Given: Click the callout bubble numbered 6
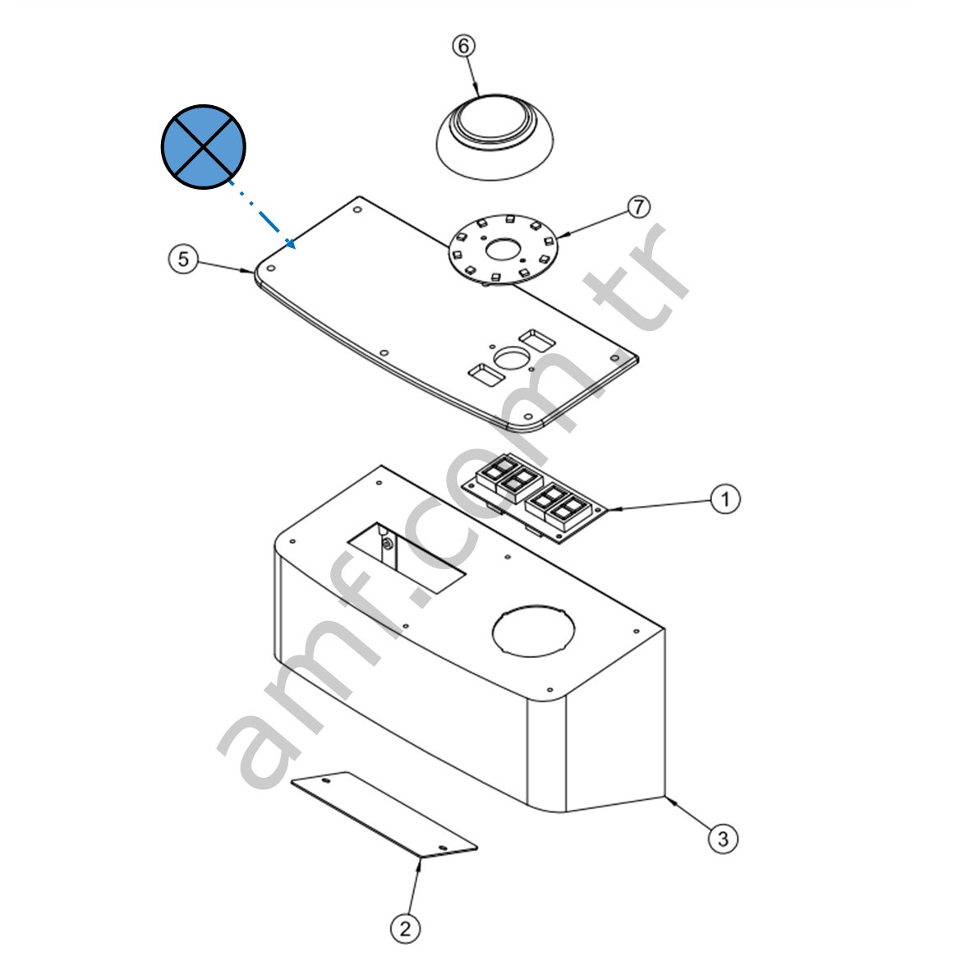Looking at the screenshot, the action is point(464,46).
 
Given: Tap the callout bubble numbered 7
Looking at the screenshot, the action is point(639,207).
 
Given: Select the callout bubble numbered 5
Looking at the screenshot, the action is point(183,259).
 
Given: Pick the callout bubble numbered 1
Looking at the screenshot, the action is point(725,499).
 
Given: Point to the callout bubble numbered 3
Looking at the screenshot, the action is point(723,839).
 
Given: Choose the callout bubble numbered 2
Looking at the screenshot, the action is point(405,929).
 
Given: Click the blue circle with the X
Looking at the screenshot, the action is point(204,147).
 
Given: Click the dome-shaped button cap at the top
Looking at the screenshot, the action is point(495,137).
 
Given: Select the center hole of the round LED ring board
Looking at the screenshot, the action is point(503,250).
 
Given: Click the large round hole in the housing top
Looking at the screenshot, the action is point(533,631).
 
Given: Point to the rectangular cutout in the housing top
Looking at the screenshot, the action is point(406,558).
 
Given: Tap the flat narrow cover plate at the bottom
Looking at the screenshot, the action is point(384,814).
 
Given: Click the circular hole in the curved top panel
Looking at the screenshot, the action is point(512,357).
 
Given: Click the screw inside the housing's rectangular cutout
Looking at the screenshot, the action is point(387,545).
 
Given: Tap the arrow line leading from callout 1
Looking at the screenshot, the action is point(658,505).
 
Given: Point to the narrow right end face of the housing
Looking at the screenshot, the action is point(615,720).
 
